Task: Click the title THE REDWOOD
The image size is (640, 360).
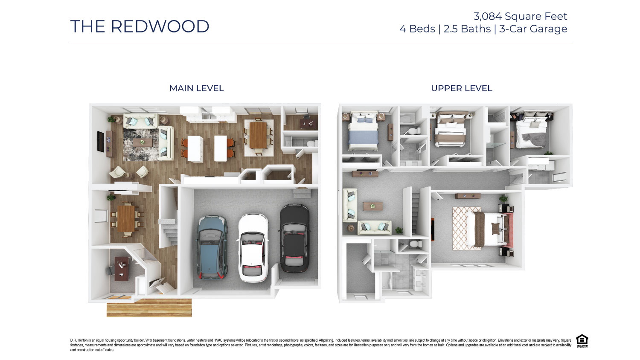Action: click(140, 26)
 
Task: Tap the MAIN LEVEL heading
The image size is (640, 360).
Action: click(196, 88)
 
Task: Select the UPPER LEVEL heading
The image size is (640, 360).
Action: click(461, 88)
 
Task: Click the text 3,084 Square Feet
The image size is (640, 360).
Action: click(520, 16)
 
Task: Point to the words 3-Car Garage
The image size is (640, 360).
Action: click(533, 29)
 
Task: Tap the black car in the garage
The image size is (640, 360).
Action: click(294, 239)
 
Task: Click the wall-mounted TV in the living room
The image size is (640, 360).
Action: click(100, 142)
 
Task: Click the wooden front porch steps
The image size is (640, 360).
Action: click(149, 308)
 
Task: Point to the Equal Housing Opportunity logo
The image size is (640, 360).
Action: click(582, 341)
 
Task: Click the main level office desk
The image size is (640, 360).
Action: click(121, 268)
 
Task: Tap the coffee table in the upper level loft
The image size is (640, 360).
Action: click(372, 206)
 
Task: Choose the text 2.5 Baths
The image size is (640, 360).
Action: click(467, 29)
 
